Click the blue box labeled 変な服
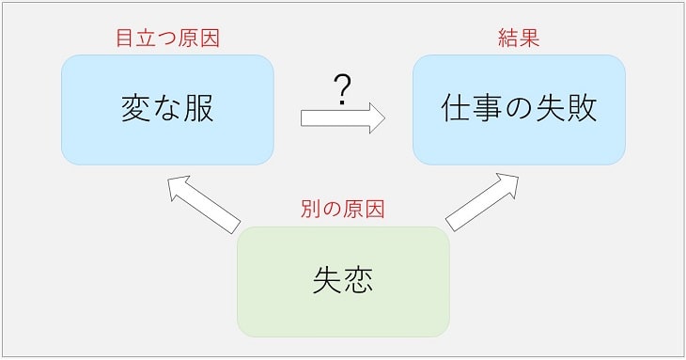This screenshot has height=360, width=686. (167, 110)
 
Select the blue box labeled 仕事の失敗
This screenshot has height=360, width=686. (519, 110)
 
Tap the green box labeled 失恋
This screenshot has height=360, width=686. (343, 281)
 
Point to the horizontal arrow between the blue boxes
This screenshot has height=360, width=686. (343, 119)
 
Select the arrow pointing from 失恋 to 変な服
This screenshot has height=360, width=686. (202, 203)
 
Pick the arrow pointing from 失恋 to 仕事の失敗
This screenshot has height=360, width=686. (482, 201)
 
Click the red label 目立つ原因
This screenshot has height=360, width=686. (167, 39)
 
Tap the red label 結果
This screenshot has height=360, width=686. (519, 39)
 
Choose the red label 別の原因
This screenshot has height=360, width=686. (343, 209)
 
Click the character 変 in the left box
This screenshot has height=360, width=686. (137, 109)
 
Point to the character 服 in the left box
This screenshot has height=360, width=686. (198, 109)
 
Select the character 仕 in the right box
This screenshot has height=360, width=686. (457, 109)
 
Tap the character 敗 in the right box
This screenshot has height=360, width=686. (581, 109)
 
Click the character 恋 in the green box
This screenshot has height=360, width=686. (358, 281)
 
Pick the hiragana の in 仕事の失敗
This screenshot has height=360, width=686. (519, 110)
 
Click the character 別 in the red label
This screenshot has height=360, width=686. (309, 209)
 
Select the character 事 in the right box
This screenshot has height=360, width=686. (488, 109)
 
